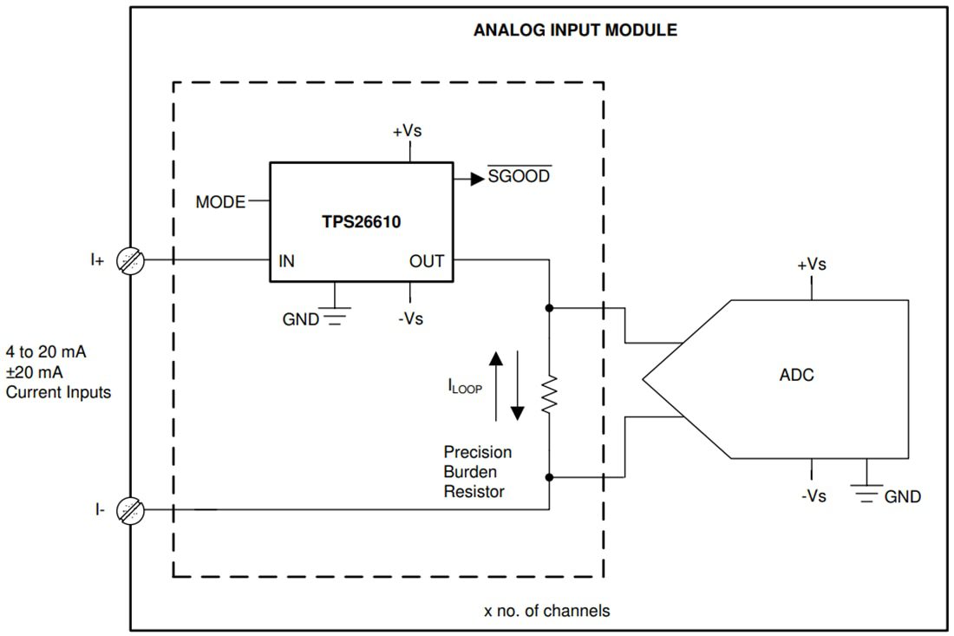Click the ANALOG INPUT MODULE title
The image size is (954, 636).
click(575, 30)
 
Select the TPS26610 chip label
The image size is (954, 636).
click(361, 221)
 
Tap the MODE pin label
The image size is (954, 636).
click(220, 202)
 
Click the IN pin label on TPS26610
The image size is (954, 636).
click(286, 261)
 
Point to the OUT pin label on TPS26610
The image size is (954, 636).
click(427, 261)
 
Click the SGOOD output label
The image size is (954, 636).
click(519, 177)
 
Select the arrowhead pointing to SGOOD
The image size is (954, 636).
click(476, 178)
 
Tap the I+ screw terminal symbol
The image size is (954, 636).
click(131, 259)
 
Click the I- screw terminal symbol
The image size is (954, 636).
click(131, 510)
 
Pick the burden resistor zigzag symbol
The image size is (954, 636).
click(549, 396)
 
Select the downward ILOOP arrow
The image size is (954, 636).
click(517, 386)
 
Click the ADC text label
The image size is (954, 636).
click(796, 376)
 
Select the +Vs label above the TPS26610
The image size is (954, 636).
click(408, 132)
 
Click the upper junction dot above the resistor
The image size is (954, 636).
click(549, 307)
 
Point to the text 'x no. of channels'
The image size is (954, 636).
click(546, 611)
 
